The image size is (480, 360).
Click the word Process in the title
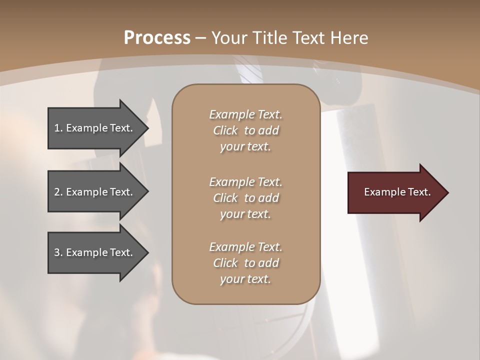point(157,38)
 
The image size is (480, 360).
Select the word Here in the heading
point(349,38)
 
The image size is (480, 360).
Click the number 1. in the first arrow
point(58,128)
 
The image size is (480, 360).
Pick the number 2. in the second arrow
point(58,192)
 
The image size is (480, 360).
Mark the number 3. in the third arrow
point(58,252)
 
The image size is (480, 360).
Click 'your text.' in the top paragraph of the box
point(245,147)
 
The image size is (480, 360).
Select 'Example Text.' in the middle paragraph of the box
point(245,182)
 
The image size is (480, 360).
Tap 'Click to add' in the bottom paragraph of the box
point(245,263)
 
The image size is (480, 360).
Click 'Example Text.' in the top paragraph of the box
point(245,114)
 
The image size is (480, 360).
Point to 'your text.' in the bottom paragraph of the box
point(245,279)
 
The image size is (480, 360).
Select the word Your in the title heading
point(227,38)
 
